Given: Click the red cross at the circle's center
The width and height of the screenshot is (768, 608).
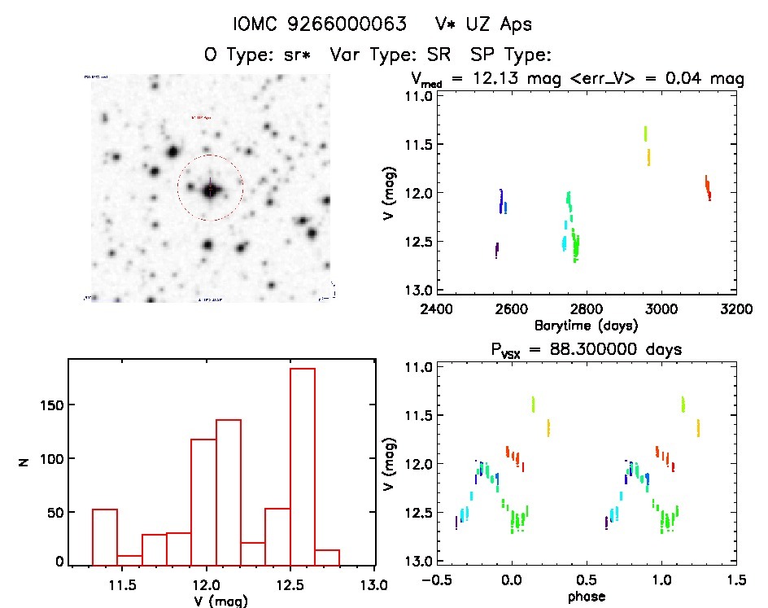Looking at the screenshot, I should [x=211, y=189].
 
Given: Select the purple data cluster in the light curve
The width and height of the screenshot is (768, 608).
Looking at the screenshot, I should [x=496, y=250].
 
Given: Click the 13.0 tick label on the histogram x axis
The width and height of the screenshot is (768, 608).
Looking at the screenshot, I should [x=373, y=583].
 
